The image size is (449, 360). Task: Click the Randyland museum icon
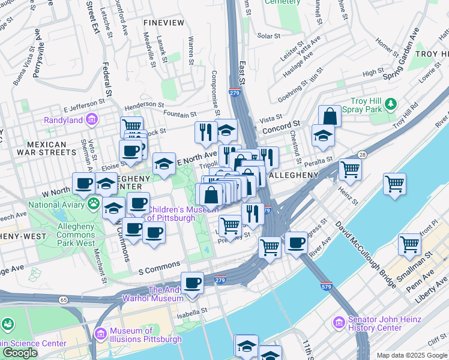(x=92, y=119)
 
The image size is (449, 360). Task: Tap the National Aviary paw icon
(x=94, y=204)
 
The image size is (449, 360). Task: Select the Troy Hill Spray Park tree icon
(x=391, y=104)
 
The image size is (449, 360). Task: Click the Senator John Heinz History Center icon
(x=340, y=323)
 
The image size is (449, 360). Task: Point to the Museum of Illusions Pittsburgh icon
(x=101, y=333)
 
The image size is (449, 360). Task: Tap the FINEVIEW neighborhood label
(x=164, y=22)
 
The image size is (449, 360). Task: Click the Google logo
(x=20, y=353)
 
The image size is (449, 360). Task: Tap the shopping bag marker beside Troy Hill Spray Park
(x=330, y=116)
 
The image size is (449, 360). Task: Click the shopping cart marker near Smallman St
(x=410, y=244)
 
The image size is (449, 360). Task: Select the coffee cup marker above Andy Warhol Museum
(x=192, y=283)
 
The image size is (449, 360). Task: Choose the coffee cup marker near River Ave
(x=296, y=242)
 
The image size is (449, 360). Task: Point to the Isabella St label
(x=192, y=311)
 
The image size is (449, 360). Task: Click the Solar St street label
(x=265, y=35)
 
